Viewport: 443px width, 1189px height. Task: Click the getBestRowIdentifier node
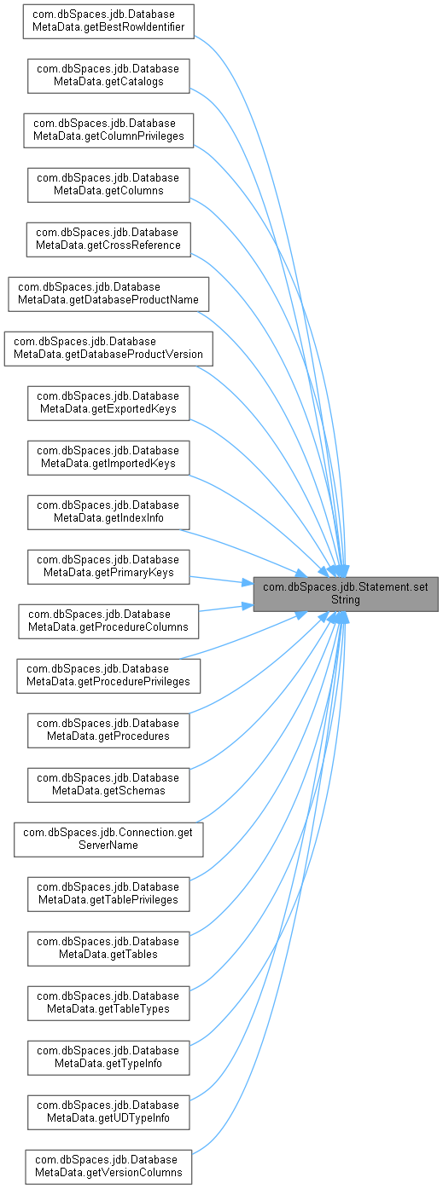click(108, 21)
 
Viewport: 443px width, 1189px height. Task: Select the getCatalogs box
click(108, 76)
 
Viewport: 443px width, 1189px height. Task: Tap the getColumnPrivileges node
click(108, 130)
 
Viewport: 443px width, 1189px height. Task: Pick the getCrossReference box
click(108, 240)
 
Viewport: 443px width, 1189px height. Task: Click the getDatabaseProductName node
click(108, 294)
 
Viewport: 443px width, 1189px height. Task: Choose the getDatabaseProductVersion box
click(108, 349)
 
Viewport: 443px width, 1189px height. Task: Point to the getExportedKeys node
click(108, 403)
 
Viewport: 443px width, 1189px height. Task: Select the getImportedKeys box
click(108, 458)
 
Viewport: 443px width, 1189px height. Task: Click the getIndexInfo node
click(108, 513)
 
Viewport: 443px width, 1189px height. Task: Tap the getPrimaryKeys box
click(108, 568)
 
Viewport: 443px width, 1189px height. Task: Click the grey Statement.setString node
click(346, 595)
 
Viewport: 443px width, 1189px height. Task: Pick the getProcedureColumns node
click(108, 621)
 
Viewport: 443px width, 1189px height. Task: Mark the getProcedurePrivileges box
click(108, 676)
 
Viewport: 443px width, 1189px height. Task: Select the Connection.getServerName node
click(108, 840)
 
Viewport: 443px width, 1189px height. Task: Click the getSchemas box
click(108, 786)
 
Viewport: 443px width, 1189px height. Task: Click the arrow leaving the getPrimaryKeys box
click(221, 580)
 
